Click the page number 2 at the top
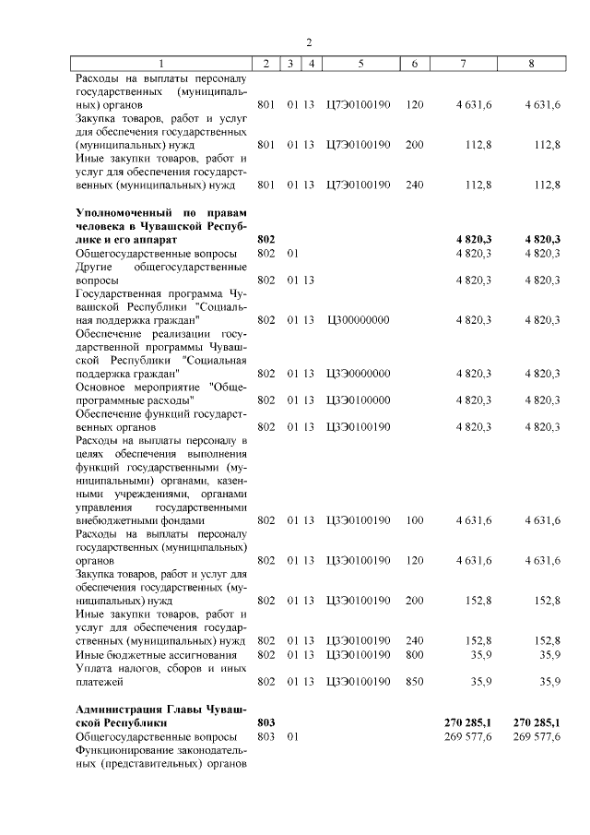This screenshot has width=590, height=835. coord(310,42)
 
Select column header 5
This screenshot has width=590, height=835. coord(360,64)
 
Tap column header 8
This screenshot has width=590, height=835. coord(531,64)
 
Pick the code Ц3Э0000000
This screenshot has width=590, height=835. coord(359,373)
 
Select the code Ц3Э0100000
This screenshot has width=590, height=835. coord(359,400)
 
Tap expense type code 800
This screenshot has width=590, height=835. coord(415,654)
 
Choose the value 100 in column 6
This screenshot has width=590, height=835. coord(415,520)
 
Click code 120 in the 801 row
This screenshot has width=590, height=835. coord(415,105)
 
